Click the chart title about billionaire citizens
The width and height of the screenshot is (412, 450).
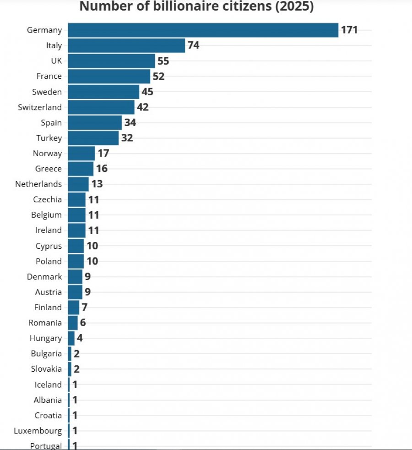(196, 6)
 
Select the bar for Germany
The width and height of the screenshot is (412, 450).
(203, 30)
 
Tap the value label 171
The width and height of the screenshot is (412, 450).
(349, 30)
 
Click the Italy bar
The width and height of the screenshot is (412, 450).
(126, 46)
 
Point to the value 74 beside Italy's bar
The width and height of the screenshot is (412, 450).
(193, 45)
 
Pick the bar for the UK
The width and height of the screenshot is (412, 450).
(111, 61)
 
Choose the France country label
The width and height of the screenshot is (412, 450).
(49, 76)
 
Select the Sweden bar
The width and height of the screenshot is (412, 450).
(103, 92)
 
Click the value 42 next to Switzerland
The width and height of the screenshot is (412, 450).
(143, 107)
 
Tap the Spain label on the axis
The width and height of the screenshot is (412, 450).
(51, 123)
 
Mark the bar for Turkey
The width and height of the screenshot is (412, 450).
(93, 138)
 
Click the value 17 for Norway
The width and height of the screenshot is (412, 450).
(103, 153)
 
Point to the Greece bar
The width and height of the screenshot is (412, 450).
(81, 169)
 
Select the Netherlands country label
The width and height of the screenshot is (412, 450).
(38, 184)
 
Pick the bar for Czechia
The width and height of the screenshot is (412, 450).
(76, 199)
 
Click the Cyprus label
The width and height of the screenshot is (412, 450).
(49, 246)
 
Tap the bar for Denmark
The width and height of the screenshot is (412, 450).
(75, 277)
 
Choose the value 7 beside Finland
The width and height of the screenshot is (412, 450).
(84, 307)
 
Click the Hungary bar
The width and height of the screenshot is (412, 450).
(71, 338)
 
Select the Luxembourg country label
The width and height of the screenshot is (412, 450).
(38, 431)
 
